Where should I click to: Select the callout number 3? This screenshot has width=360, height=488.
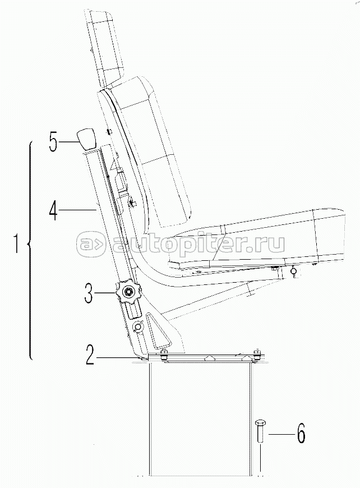click(x=89, y=293)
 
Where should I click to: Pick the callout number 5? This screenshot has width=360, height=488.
click(x=53, y=141)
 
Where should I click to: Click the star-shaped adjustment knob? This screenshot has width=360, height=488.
click(x=128, y=292)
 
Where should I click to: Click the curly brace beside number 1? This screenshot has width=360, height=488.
click(x=30, y=250)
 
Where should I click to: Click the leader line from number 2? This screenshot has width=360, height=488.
click(x=117, y=358)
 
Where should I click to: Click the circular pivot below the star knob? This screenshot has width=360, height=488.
click(x=137, y=325)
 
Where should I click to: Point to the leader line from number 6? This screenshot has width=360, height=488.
click(x=279, y=434)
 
